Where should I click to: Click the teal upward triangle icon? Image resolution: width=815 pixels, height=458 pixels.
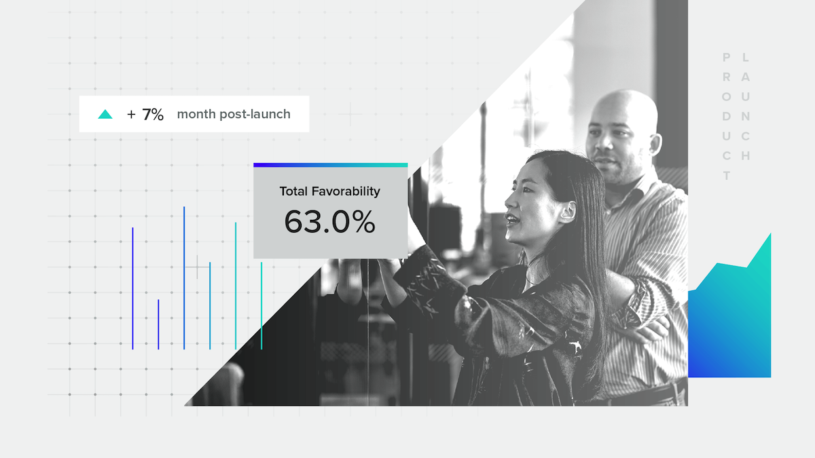coord(105,114)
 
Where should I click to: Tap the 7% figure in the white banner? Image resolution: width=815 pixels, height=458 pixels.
coord(153,115)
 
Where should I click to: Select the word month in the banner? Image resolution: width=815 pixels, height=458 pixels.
coord(196,114)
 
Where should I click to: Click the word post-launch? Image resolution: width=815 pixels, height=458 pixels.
coord(255,114)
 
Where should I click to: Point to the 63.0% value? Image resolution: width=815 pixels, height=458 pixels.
coord(329,222)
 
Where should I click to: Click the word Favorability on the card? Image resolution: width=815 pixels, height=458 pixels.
coord(346,191)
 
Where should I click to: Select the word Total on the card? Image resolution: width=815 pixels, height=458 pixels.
coord(294,191)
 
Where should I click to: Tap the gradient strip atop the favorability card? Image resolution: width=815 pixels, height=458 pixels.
coord(330,165)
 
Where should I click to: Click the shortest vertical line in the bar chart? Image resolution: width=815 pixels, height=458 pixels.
coord(158,324)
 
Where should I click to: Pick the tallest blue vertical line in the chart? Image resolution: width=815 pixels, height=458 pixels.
coord(184,278)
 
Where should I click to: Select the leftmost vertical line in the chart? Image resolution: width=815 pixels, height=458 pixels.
coord(133,288)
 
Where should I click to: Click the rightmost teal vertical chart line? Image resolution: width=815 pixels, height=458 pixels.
coord(261,306)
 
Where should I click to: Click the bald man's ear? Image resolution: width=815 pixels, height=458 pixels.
coord(655,145)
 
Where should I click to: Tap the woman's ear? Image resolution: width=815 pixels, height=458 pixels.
coord(568,212)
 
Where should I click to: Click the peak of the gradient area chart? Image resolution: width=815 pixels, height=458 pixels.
coord(771,233)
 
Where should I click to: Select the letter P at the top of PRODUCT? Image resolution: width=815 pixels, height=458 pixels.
coord(726,58)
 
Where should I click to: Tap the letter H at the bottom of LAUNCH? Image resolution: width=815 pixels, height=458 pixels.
coord(746,156)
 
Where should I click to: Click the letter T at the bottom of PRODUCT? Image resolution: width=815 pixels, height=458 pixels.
coord(726,176)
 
